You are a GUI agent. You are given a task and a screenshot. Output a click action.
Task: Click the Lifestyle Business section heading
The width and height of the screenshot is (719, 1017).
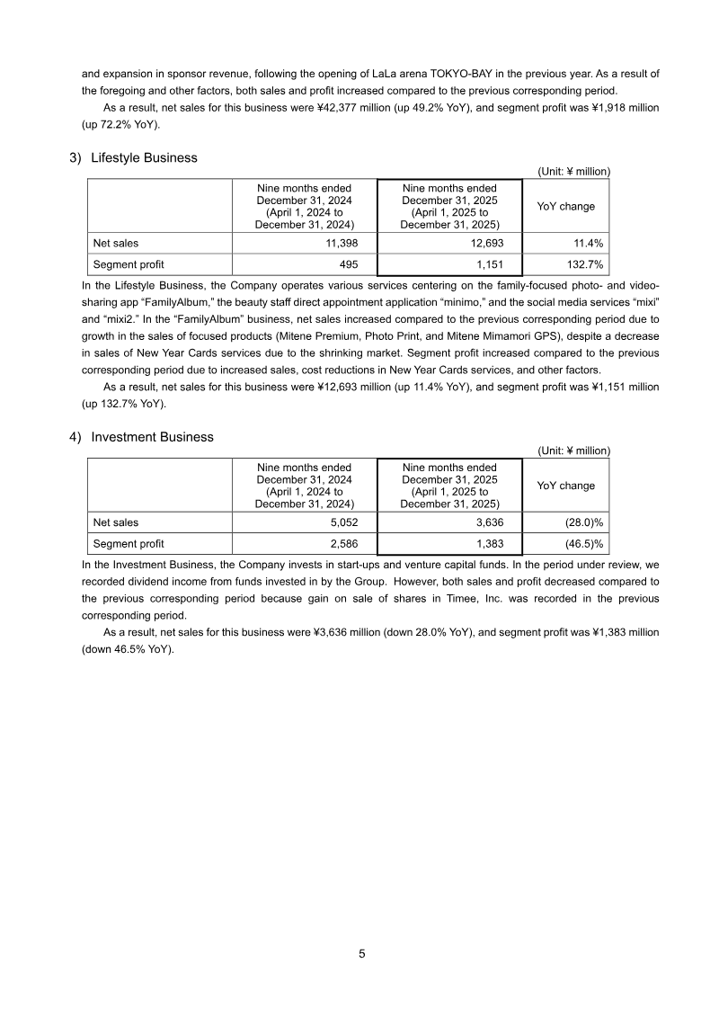[144, 157]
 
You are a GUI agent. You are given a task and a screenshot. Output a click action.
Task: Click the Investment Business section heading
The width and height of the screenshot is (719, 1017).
[152, 437]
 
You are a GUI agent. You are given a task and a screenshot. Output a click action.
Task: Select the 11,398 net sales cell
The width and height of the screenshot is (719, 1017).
[340, 243]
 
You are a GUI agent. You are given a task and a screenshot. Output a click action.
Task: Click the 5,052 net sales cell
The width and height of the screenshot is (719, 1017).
[342, 522]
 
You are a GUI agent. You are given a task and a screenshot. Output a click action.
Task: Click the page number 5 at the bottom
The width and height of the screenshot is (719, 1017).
[361, 954]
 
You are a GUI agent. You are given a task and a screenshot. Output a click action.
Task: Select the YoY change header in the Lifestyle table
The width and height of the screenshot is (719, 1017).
[565, 206]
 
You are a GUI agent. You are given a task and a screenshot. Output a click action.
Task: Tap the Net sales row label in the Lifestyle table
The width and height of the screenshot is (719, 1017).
[116, 243]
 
